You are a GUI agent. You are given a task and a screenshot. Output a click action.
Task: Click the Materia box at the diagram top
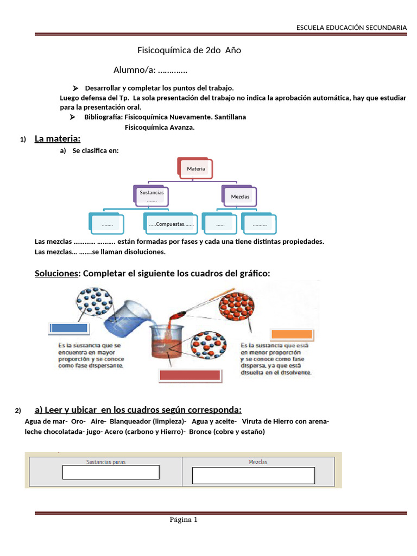[195, 169]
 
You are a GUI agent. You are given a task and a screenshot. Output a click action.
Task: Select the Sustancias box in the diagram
[151, 195]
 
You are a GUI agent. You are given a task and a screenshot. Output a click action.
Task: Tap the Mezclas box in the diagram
[239, 196]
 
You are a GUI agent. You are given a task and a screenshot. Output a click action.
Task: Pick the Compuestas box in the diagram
[171, 224]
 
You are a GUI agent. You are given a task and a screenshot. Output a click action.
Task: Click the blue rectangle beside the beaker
[68, 328]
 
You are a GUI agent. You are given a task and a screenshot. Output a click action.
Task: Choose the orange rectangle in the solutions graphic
[292, 334]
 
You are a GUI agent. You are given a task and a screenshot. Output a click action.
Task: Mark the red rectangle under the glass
[189, 375]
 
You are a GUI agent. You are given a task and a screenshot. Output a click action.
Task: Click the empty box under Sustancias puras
[111, 472]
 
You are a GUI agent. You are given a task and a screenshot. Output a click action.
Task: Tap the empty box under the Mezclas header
[254, 475]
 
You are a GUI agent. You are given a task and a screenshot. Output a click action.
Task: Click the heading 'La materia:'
[57, 139]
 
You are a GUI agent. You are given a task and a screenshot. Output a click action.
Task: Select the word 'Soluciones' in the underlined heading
[56, 274]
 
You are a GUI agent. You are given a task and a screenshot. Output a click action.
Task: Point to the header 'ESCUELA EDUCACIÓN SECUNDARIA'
[351, 27]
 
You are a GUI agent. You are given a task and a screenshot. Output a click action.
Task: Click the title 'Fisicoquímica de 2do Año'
[189, 50]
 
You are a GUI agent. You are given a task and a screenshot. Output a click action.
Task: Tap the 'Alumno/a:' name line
[150, 70]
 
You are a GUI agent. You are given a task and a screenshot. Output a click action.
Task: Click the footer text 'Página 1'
[184, 520]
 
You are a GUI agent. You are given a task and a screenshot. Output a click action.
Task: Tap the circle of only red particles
[236, 309]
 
